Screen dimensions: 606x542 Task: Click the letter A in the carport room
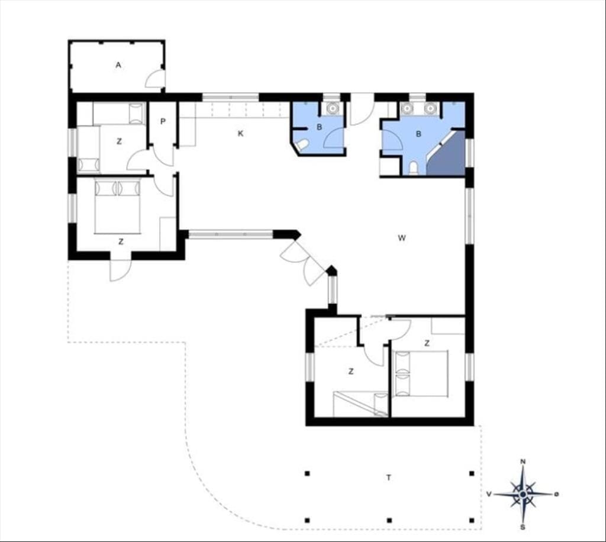click(118, 65)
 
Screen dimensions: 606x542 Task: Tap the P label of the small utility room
click(163, 122)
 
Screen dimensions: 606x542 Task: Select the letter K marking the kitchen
click(241, 134)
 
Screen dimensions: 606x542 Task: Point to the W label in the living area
click(402, 238)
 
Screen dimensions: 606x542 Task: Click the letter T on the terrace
click(389, 478)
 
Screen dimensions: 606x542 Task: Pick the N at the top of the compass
click(523, 462)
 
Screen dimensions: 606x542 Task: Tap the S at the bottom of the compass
click(523, 527)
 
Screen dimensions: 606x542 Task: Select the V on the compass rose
click(489, 494)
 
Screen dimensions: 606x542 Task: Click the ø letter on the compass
click(556, 494)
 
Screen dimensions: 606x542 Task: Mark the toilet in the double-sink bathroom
click(413, 168)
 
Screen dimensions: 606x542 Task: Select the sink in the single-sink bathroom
click(332, 108)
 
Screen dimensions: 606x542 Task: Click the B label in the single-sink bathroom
click(319, 127)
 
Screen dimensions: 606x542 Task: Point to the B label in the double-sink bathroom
click(418, 134)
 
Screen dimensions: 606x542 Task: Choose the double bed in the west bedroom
click(117, 207)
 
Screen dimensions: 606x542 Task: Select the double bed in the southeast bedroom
click(420, 373)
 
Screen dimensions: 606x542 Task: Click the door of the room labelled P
click(164, 156)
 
